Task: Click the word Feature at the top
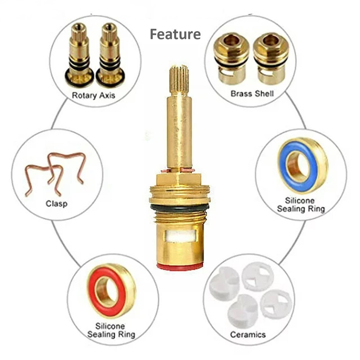(175, 34)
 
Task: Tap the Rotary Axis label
(94, 95)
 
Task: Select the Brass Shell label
(252, 94)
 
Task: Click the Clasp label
(57, 204)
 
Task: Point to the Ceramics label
(248, 334)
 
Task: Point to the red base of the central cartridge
(180, 266)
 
